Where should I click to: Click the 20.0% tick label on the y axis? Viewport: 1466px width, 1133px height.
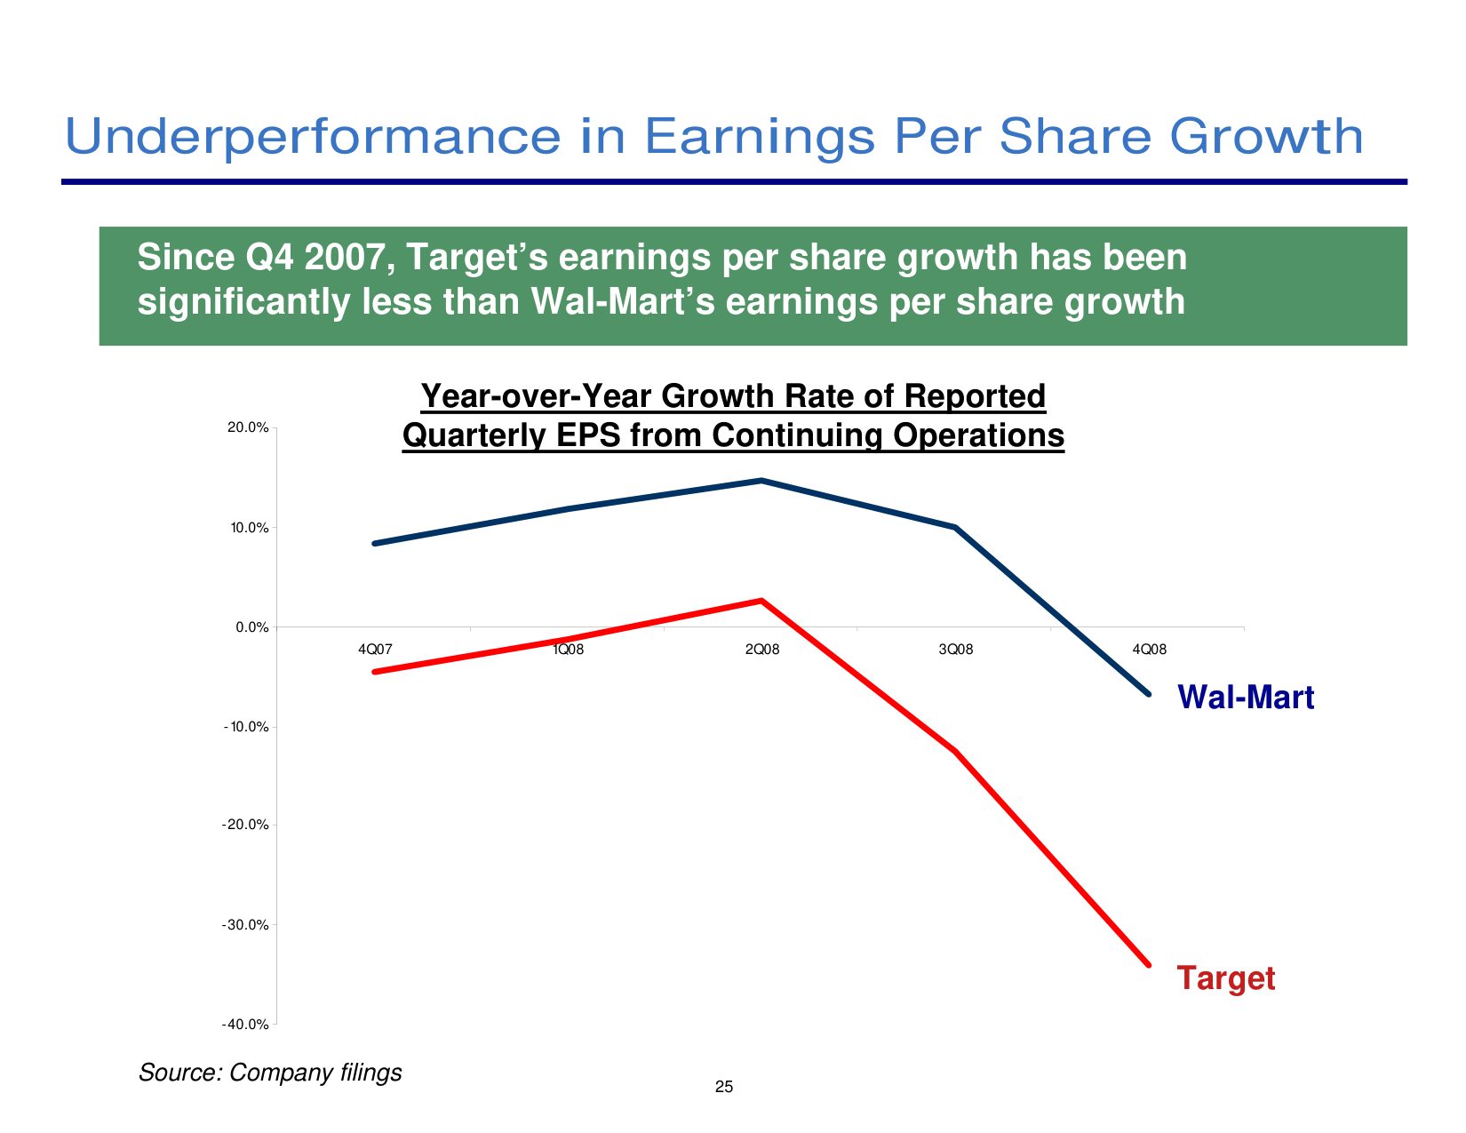coord(248,427)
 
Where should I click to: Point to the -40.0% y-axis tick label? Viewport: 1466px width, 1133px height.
coord(245,1025)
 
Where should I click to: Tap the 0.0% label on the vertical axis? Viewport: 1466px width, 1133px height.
coord(252,627)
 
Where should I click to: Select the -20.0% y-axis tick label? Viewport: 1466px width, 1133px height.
coord(245,825)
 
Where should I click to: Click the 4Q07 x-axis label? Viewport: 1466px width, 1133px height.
coord(375,650)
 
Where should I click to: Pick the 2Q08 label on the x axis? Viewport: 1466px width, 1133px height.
coord(762,650)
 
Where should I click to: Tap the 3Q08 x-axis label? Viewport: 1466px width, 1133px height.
coord(956,650)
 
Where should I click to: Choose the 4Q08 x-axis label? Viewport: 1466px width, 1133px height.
coord(1150,650)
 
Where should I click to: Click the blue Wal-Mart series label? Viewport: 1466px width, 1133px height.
coord(1246,698)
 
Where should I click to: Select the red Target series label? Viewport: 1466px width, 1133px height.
coord(1226,978)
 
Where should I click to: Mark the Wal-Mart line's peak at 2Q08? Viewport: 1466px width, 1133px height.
coord(761,481)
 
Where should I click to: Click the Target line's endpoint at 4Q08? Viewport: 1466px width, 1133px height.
coord(1149,964)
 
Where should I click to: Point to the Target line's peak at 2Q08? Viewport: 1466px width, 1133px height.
coord(761,601)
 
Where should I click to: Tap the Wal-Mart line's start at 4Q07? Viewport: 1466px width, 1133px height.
coord(375,543)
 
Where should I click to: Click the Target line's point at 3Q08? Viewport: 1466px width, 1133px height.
coord(956,752)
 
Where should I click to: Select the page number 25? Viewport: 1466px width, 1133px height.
coord(724,1087)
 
